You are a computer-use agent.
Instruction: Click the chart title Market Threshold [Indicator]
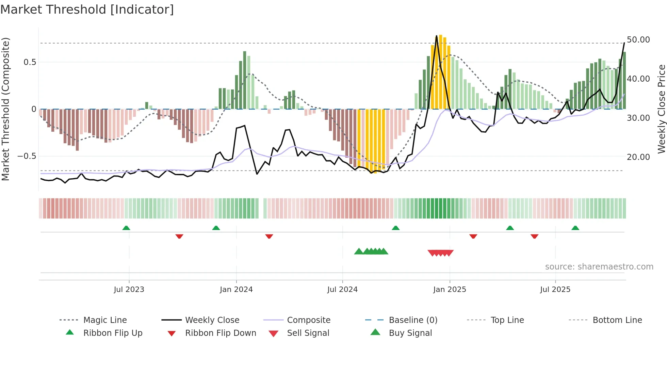pos(87,10)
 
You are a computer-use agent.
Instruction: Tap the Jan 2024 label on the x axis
pos(236,289)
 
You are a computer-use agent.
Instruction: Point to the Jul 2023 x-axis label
pos(129,289)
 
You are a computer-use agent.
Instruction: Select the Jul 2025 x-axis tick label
pos(555,289)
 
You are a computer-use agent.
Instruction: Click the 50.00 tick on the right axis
pos(638,40)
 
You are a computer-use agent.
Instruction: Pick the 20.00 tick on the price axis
pos(638,157)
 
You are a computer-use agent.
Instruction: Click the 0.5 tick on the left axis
pos(30,62)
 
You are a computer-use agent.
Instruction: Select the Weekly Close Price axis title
pos(661,109)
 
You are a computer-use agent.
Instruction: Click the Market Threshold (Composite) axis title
pos(5,109)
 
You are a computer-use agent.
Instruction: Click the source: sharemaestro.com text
pos(599,266)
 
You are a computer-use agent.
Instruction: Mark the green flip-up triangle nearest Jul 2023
pos(126,228)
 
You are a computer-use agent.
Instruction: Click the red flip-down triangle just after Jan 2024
pos(269,236)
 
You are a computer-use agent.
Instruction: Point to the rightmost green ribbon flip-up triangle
pos(575,228)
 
